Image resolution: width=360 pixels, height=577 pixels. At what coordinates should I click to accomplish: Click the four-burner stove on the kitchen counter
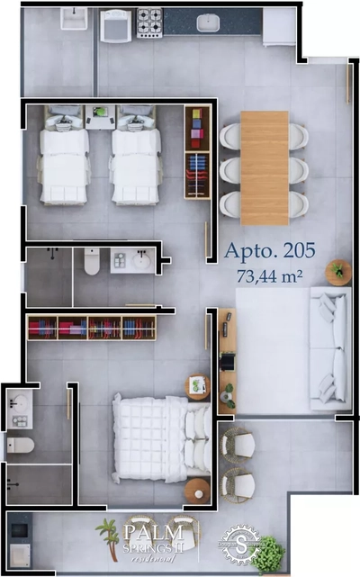click(149, 20)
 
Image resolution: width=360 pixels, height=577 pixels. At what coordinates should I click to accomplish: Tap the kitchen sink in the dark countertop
click(209, 21)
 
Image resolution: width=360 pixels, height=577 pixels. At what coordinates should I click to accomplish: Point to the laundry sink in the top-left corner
click(72, 22)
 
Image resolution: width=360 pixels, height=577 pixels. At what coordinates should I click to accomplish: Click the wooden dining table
click(265, 167)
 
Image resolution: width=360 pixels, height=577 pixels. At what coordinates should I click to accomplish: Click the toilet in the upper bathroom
click(91, 262)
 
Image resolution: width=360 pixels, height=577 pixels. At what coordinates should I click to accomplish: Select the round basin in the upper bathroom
click(141, 261)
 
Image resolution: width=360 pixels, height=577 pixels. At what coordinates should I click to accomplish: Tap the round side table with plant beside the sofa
click(338, 272)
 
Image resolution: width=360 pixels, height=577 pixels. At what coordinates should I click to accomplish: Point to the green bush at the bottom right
click(268, 555)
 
